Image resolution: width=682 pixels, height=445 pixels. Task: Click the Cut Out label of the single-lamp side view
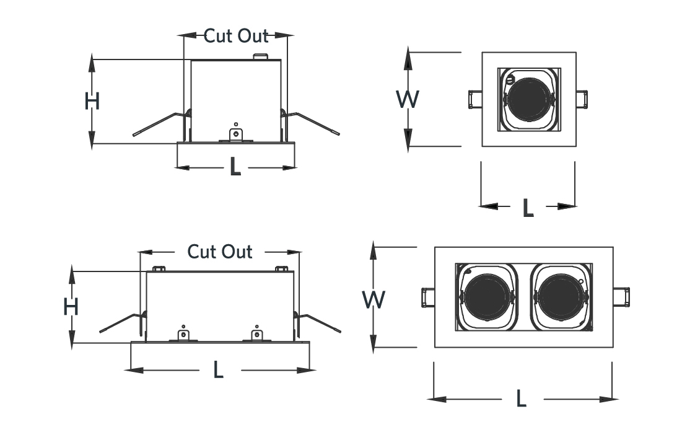pos(236,36)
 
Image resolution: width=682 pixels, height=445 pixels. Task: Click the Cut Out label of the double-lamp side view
pos(220,252)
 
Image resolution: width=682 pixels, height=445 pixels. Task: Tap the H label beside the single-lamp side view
pos(92,101)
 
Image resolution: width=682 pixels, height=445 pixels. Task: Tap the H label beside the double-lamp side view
pos(71,307)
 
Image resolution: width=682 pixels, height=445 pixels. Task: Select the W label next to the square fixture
pos(408,99)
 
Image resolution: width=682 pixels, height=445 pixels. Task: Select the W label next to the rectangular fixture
pos(374,300)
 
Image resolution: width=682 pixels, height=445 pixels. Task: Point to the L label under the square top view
pos(528,208)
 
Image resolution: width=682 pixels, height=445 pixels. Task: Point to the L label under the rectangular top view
pos(521,399)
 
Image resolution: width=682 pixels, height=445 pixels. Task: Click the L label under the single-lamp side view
pos(235,167)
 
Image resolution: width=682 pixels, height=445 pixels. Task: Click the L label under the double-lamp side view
pos(218,370)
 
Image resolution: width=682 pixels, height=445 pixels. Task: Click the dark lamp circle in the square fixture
pos(528,100)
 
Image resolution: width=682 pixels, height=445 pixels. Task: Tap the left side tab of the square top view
pos(475,99)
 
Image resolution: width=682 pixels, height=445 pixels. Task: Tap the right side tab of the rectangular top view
pos(621,297)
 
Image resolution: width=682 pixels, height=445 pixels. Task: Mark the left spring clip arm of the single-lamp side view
pos(161,123)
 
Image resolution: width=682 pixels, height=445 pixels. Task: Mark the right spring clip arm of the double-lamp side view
pos(318,322)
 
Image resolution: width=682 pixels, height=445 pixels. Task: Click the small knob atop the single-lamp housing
pos(261,56)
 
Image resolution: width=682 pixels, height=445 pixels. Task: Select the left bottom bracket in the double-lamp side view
pos(183,334)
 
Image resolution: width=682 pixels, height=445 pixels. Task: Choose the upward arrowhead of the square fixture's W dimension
pos(408,58)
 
